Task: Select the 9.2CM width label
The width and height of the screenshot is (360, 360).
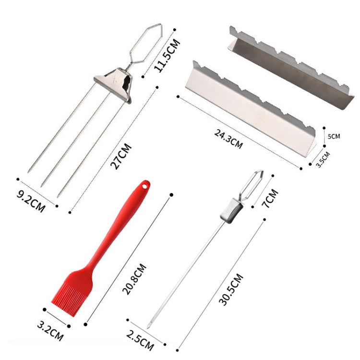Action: pos(31,202)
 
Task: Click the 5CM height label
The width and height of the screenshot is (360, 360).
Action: pos(334,136)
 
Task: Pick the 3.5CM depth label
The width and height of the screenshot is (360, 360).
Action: pos(323,160)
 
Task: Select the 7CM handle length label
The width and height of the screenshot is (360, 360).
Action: pos(270,198)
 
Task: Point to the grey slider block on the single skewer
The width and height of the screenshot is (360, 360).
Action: pos(229,212)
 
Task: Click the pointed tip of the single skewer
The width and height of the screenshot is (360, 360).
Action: pos(149,326)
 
